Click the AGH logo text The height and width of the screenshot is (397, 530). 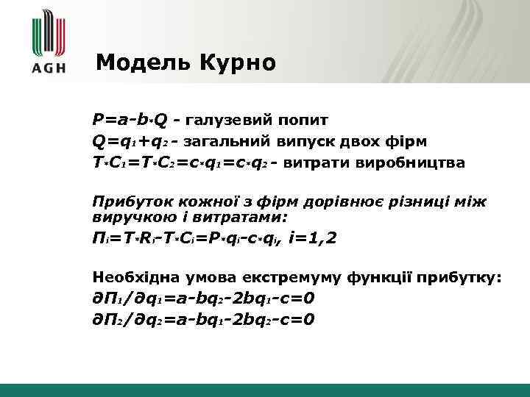(49, 68)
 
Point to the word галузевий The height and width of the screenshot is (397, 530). (228, 120)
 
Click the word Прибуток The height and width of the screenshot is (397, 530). (127, 201)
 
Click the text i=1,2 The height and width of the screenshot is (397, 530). (312, 238)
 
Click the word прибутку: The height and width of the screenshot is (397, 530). (459, 277)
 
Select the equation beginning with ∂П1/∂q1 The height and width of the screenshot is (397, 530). (203, 298)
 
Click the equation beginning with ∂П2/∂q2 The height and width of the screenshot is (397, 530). (203, 319)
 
